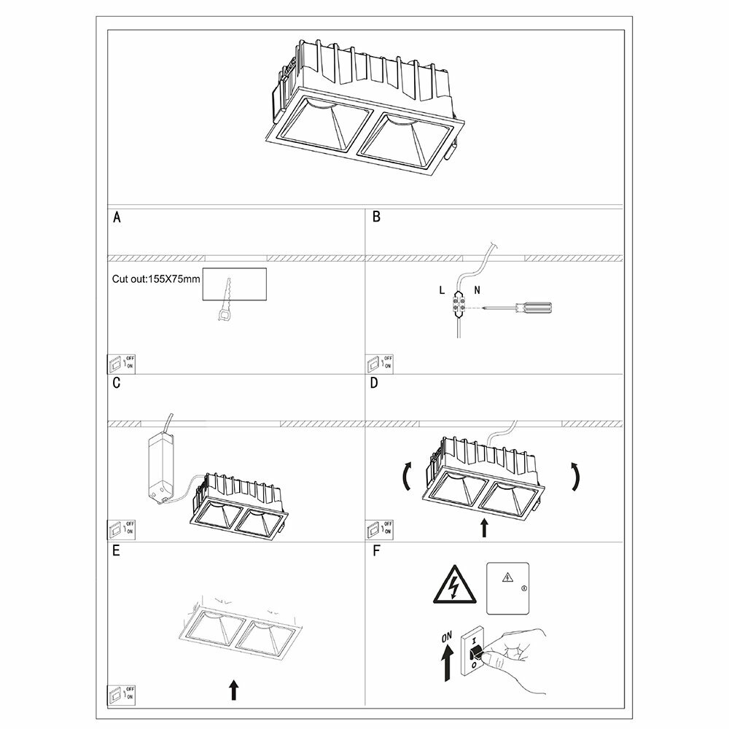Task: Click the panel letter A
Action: (117, 218)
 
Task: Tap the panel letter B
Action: (376, 218)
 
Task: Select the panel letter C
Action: (117, 384)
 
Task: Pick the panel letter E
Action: (117, 551)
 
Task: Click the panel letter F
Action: (376, 551)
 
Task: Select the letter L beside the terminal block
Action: (442, 290)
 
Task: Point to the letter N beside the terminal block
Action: (476, 290)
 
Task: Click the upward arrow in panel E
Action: (233, 689)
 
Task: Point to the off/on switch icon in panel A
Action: (122, 362)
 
